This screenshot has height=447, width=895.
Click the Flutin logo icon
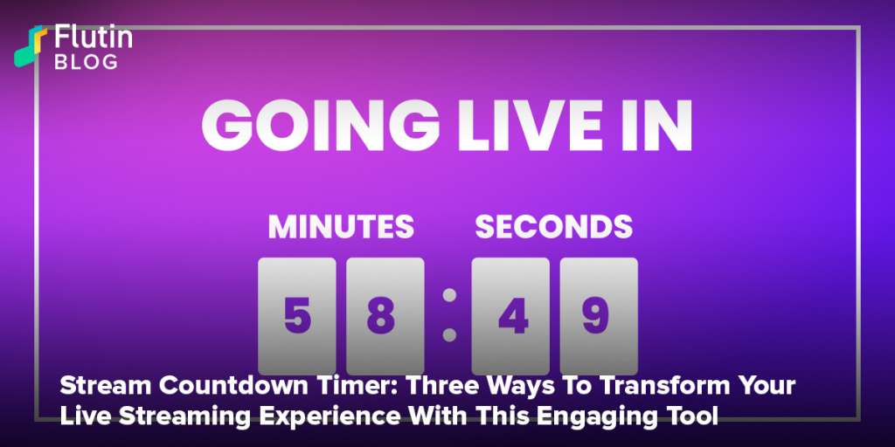31,46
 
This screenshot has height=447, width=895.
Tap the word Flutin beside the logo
94,38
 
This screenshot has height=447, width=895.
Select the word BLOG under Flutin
87,62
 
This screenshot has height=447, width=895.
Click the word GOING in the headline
321,126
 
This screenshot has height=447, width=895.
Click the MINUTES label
341,227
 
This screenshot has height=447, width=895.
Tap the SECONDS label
553,227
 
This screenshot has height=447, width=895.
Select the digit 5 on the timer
297,316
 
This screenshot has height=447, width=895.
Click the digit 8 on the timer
381,316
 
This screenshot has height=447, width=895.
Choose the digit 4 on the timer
513,316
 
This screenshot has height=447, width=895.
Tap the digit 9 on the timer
595,316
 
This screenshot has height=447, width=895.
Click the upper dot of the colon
450,295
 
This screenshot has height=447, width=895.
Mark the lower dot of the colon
450,334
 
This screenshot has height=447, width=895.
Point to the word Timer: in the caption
323,387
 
